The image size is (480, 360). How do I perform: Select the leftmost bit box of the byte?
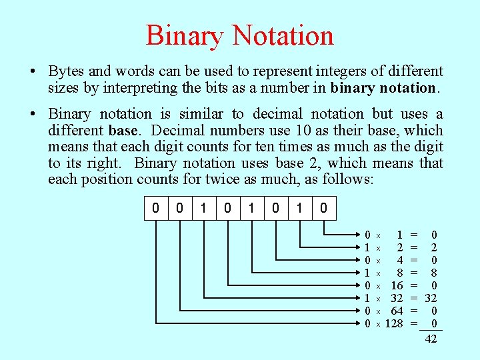point(156,208)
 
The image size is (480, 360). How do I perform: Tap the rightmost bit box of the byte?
point(323,208)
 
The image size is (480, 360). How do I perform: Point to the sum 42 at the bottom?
point(431,339)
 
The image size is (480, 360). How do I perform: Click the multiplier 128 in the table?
point(395,323)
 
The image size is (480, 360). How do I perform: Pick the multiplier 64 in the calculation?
point(397,311)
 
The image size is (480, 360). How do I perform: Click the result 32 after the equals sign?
point(431,298)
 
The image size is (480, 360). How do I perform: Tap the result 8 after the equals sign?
point(434,273)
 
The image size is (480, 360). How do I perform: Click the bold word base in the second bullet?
point(120,131)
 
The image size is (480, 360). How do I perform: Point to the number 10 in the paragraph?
point(260,131)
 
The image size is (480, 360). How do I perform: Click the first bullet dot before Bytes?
point(33,71)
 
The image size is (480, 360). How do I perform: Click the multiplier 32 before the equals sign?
point(397,298)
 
